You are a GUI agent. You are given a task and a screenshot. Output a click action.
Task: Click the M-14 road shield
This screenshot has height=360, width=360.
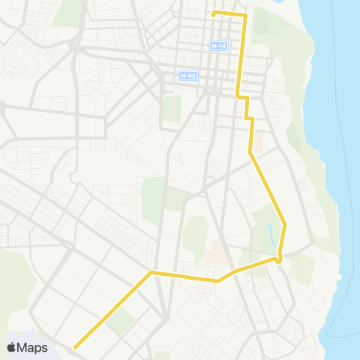click(x=218, y=46)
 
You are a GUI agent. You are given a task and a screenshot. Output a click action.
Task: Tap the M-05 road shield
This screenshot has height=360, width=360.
click(x=187, y=76)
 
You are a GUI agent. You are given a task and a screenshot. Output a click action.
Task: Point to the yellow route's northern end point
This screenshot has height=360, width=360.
click(x=214, y=13)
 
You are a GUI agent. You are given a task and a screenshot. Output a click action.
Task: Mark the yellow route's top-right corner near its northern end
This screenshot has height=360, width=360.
click(x=245, y=15)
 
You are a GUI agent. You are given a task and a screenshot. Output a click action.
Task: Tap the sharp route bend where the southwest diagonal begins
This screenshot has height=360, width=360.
click(x=152, y=272)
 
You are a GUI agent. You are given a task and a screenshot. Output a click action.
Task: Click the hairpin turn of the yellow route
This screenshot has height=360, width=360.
click(x=279, y=259)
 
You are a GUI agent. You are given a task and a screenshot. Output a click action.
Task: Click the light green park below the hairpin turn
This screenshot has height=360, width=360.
click(x=301, y=268)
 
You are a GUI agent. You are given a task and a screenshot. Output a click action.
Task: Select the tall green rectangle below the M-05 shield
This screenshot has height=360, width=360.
click(x=172, y=107)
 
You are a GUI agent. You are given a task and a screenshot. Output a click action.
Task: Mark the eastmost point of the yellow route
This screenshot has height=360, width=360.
click(x=285, y=223)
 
